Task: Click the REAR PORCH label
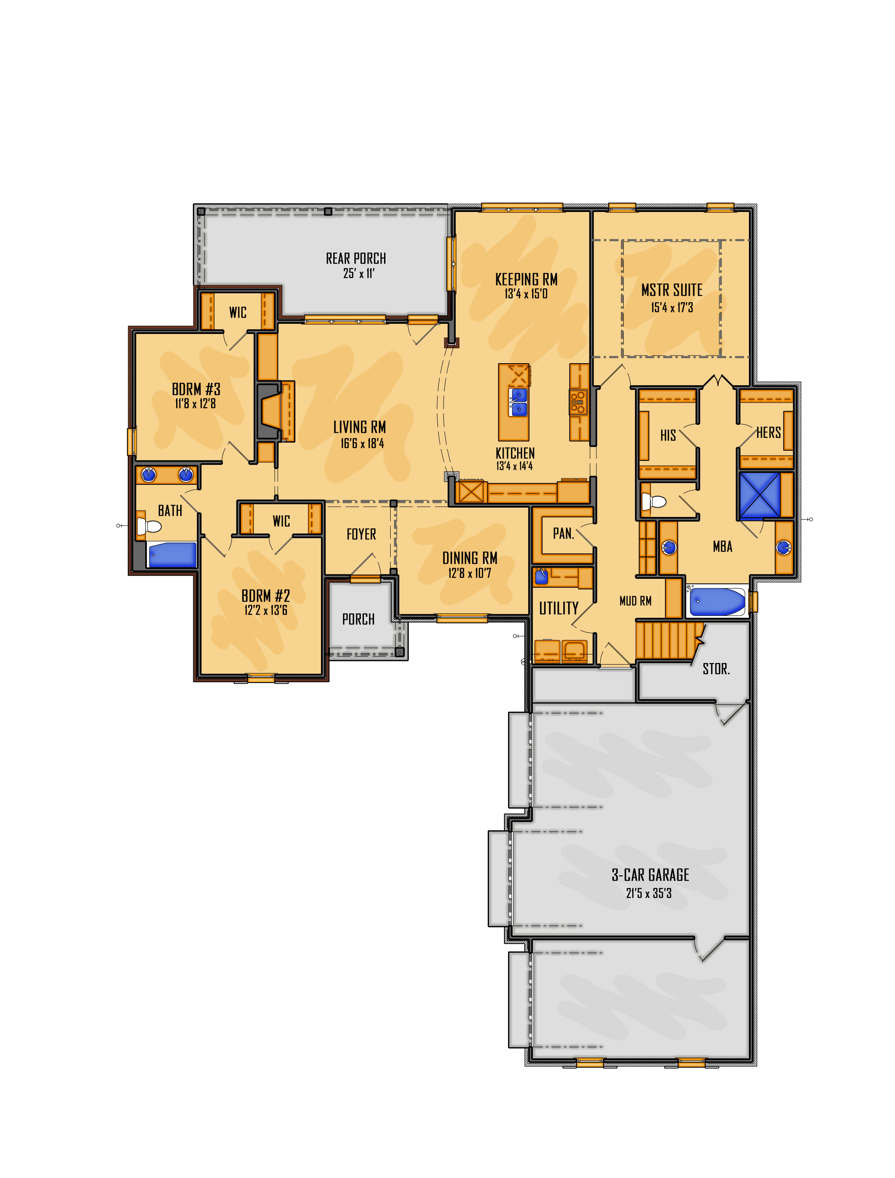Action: (x=356, y=258)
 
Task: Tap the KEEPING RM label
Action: (x=526, y=279)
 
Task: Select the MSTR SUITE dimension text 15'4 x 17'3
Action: (x=672, y=307)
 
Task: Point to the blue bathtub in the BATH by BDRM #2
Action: (x=172, y=555)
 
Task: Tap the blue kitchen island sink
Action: (x=518, y=402)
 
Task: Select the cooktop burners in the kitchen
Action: (x=578, y=402)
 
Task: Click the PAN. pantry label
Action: (x=563, y=533)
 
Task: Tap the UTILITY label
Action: (x=559, y=608)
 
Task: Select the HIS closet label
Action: (x=668, y=436)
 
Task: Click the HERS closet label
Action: (x=769, y=432)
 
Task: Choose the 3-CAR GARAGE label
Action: (x=650, y=875)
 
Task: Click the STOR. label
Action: (x=716, y=669)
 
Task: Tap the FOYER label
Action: (x=361, y=534)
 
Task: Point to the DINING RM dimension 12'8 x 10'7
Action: (x=469, y=573)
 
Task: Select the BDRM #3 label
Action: (x=196, y=389)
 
